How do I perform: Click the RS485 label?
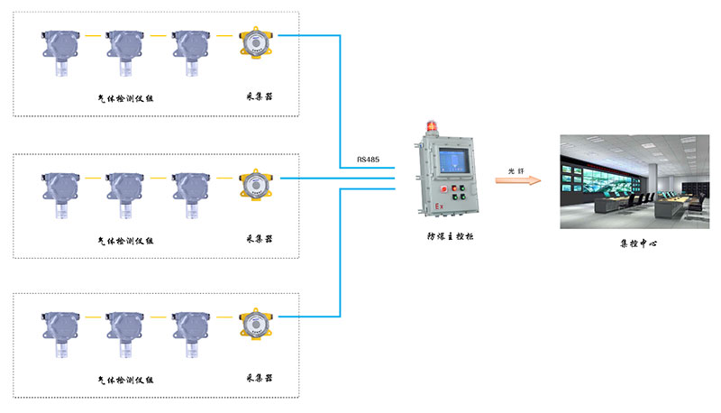tap(368, 160)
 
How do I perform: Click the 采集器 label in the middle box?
tap(259, 240)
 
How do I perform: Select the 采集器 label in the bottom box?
tap(259, 380)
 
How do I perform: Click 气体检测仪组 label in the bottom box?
tap(125, 381)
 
